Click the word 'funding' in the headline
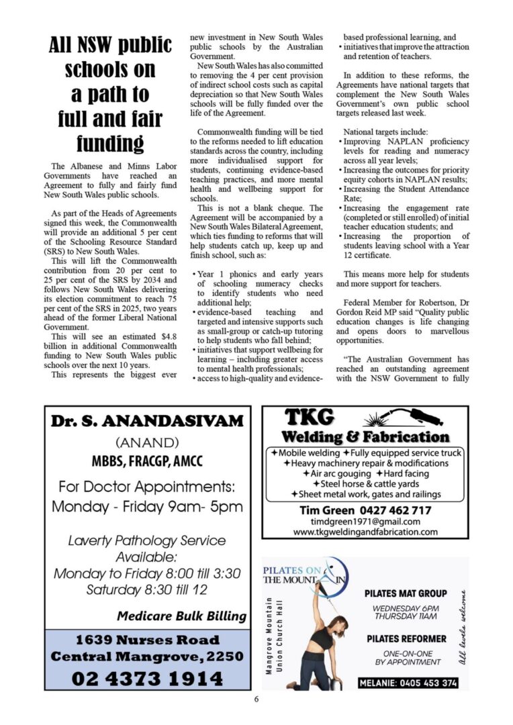(109, 144)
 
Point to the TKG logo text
(310, 418)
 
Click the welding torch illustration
(396, 418)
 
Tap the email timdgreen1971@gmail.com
(365, 521)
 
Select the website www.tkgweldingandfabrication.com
(365, 532)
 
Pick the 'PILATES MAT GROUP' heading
(406, 593)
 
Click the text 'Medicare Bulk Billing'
(181, 616)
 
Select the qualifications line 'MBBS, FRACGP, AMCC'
(147, 462)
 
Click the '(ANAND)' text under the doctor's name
(147, 443)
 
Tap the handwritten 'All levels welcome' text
(461, 628)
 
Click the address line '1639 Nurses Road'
(147, 639)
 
